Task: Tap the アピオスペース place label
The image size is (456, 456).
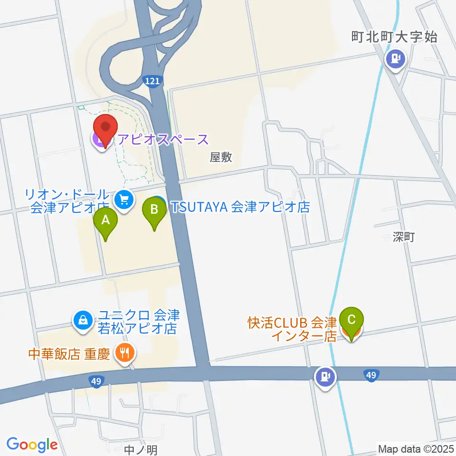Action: pyautogui.click(x=163, y=139)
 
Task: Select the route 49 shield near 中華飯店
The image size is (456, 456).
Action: pyautogui.click(x=96, y=380)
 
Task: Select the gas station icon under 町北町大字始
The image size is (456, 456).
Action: pyautogui.click(x=395, y=59)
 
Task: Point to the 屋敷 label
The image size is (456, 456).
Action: pyautogui.click(x=221, y=157)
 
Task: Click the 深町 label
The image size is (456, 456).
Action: pyautogui.click(x=404, y=237)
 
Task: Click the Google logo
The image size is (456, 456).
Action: pyautogui.click(x=32, y=445)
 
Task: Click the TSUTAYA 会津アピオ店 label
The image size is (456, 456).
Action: pyautogui.click(x=240, y=207)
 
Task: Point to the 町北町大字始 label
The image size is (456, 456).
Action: pyautogui.click(x=394, y=37)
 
